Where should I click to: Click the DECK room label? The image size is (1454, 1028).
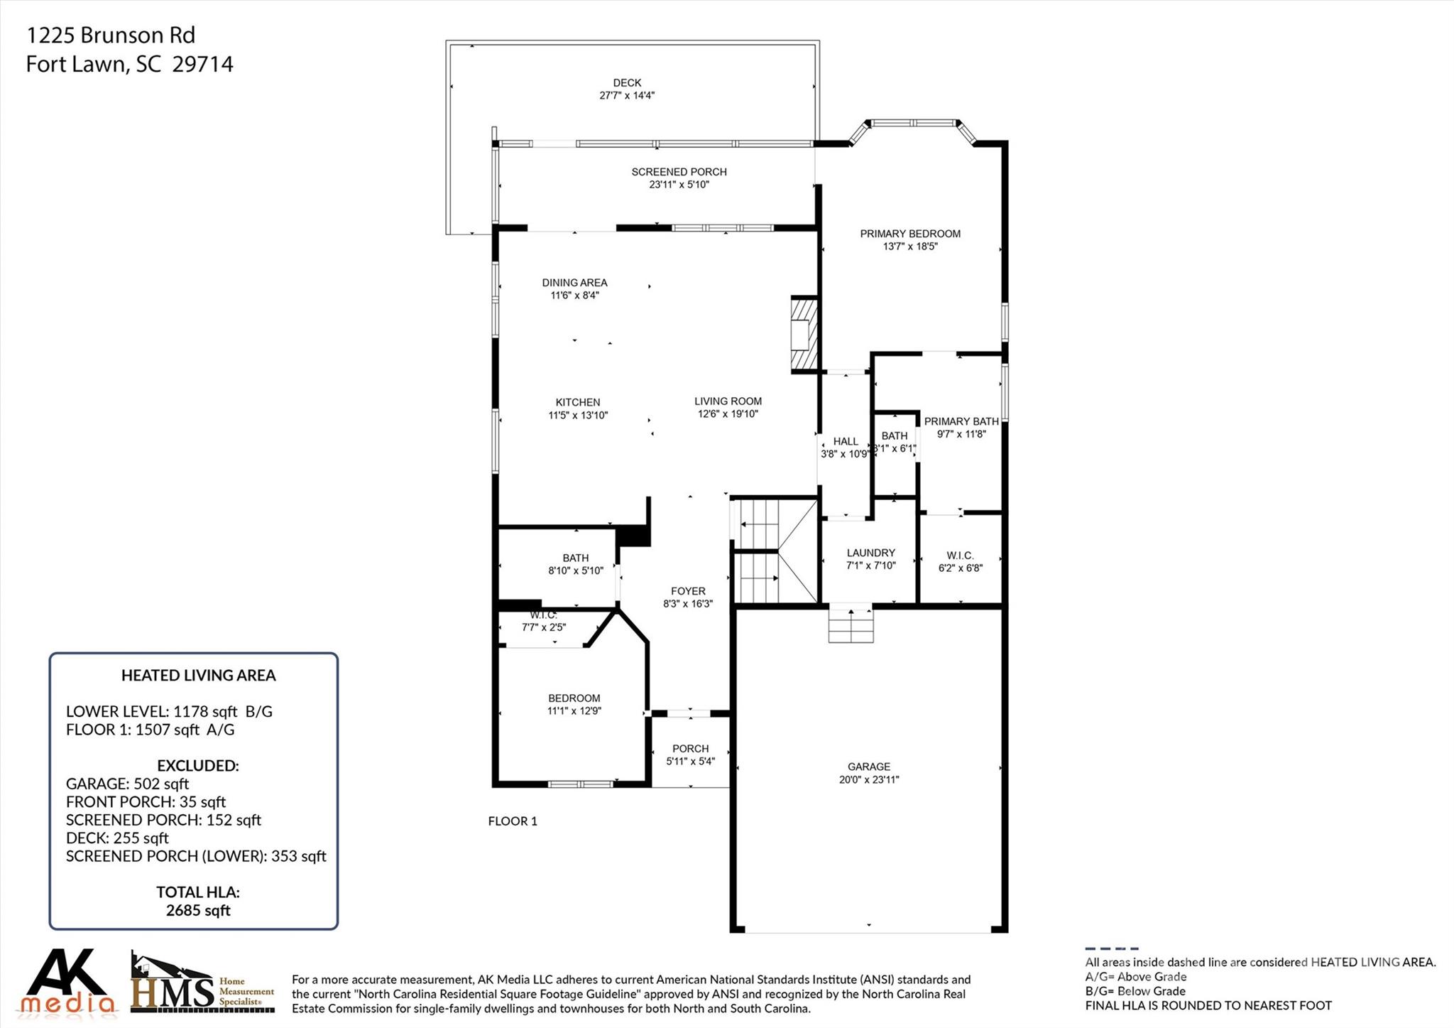pyautogui.click(x=627, y=83)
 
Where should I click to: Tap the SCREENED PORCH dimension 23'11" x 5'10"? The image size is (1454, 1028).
pyautogui.click(x=679, y=185)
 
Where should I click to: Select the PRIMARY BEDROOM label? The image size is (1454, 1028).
pyautogui.click(x=909, y=234)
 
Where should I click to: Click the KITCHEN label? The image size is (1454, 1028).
pyautogui.click(x=577, y=402)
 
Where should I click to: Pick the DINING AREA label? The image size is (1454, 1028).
pyautogui.click(x=574, y=283)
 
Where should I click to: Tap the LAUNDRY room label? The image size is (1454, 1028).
pyautogui.click(x=870, y=553)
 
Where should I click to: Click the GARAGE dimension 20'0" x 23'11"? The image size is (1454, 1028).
pyautogui.click(x=868, y=779)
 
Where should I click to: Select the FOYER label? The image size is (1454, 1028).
pyautogui.click(x=688, y=591)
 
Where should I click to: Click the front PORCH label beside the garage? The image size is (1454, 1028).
pyautogui.click(x=690, y=748)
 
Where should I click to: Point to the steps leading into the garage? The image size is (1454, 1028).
pyautogui.click(x=851, y=624)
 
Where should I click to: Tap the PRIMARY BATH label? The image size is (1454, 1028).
pyautogui.click(x=961, y=421)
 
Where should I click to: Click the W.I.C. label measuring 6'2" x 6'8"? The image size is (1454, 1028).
pyautogui.click(x=960, y=556)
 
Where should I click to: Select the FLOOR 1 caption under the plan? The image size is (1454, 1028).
pyautogui.click(x=513, y=821)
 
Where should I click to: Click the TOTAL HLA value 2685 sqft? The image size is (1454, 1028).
pyautogui.click(x=198, y=911)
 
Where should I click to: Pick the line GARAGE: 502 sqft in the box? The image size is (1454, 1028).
pyautogui.click(x=127, y=784)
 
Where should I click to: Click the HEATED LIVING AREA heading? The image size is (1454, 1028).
pyautogui.click(x=198, y=676)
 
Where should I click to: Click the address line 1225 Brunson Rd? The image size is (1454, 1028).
pyautogui.click(x=110, y=35)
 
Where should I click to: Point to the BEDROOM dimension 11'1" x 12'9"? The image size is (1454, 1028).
pyautogui.click(x=574, y=710)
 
